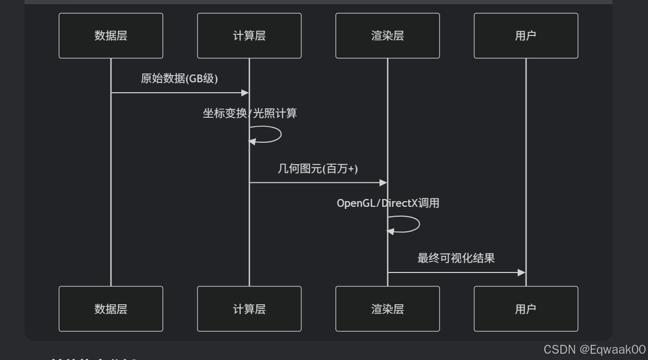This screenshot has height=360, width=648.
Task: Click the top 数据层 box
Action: point(111,35)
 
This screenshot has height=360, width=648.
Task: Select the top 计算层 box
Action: point(249,35)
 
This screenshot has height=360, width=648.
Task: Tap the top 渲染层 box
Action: point(387,35)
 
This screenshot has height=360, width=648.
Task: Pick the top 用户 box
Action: point(525,35)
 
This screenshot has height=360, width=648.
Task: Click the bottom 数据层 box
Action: point(111,308)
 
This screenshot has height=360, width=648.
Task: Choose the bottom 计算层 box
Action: point(249,308)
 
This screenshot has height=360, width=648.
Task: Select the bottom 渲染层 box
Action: point(387,308)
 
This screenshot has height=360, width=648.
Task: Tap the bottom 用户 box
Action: point(525,308)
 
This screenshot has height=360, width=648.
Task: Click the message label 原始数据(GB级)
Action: point(179,79)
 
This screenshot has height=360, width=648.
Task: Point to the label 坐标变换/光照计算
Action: point(250,113)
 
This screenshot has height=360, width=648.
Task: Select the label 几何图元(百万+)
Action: point(318,168)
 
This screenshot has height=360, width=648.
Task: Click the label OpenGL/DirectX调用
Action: point(388,203)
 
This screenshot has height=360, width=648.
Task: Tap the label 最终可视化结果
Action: point(456,258)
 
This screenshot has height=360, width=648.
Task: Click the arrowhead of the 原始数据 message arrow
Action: point(245,93)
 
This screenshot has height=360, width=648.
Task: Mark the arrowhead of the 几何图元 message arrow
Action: point(383,183)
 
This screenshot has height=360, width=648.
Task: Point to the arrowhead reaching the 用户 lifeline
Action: point(521,272)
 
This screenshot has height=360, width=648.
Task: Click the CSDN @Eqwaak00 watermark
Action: point(594,350)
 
